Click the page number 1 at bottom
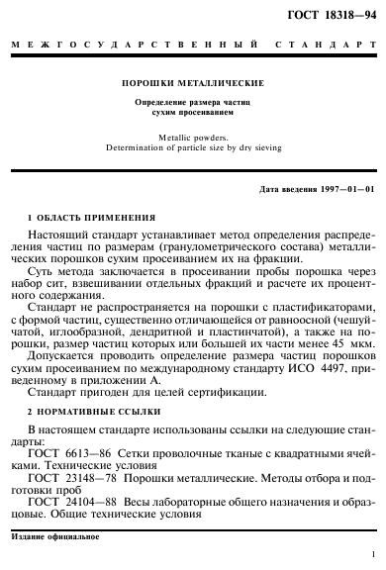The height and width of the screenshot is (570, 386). [371, 557]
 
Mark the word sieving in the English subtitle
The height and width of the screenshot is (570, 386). [267, 147]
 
